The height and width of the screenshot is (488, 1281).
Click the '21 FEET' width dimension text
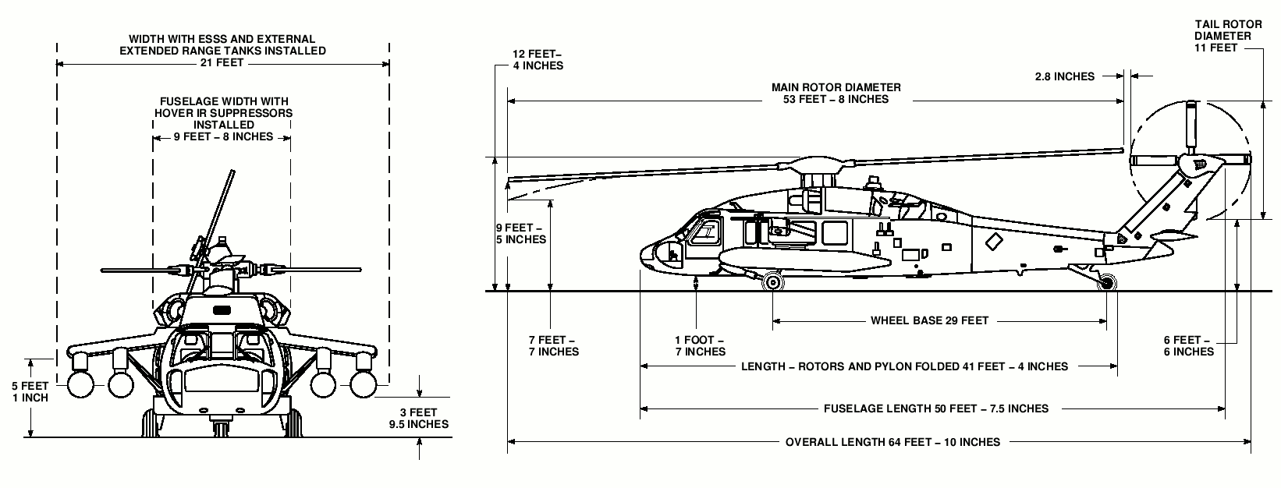222,63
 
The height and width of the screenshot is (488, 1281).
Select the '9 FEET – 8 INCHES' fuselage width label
223,136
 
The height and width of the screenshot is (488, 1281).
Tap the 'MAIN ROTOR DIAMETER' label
836,87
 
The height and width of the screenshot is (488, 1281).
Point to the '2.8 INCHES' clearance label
1064,76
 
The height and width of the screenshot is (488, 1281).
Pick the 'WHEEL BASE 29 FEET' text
929,320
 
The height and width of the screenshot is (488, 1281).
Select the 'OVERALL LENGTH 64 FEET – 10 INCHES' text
892,442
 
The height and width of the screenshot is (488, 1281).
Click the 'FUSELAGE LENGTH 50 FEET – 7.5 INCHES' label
935,408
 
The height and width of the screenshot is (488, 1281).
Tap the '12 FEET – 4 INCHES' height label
538,60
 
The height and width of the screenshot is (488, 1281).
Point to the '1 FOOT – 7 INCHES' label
700,346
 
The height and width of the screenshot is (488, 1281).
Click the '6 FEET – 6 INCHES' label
1187,346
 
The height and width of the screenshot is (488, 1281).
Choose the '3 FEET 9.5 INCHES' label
418,419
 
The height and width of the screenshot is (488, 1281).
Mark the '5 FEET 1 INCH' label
30,391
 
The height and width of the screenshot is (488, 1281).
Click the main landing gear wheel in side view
773,281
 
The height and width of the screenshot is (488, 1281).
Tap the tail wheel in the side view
1105,284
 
